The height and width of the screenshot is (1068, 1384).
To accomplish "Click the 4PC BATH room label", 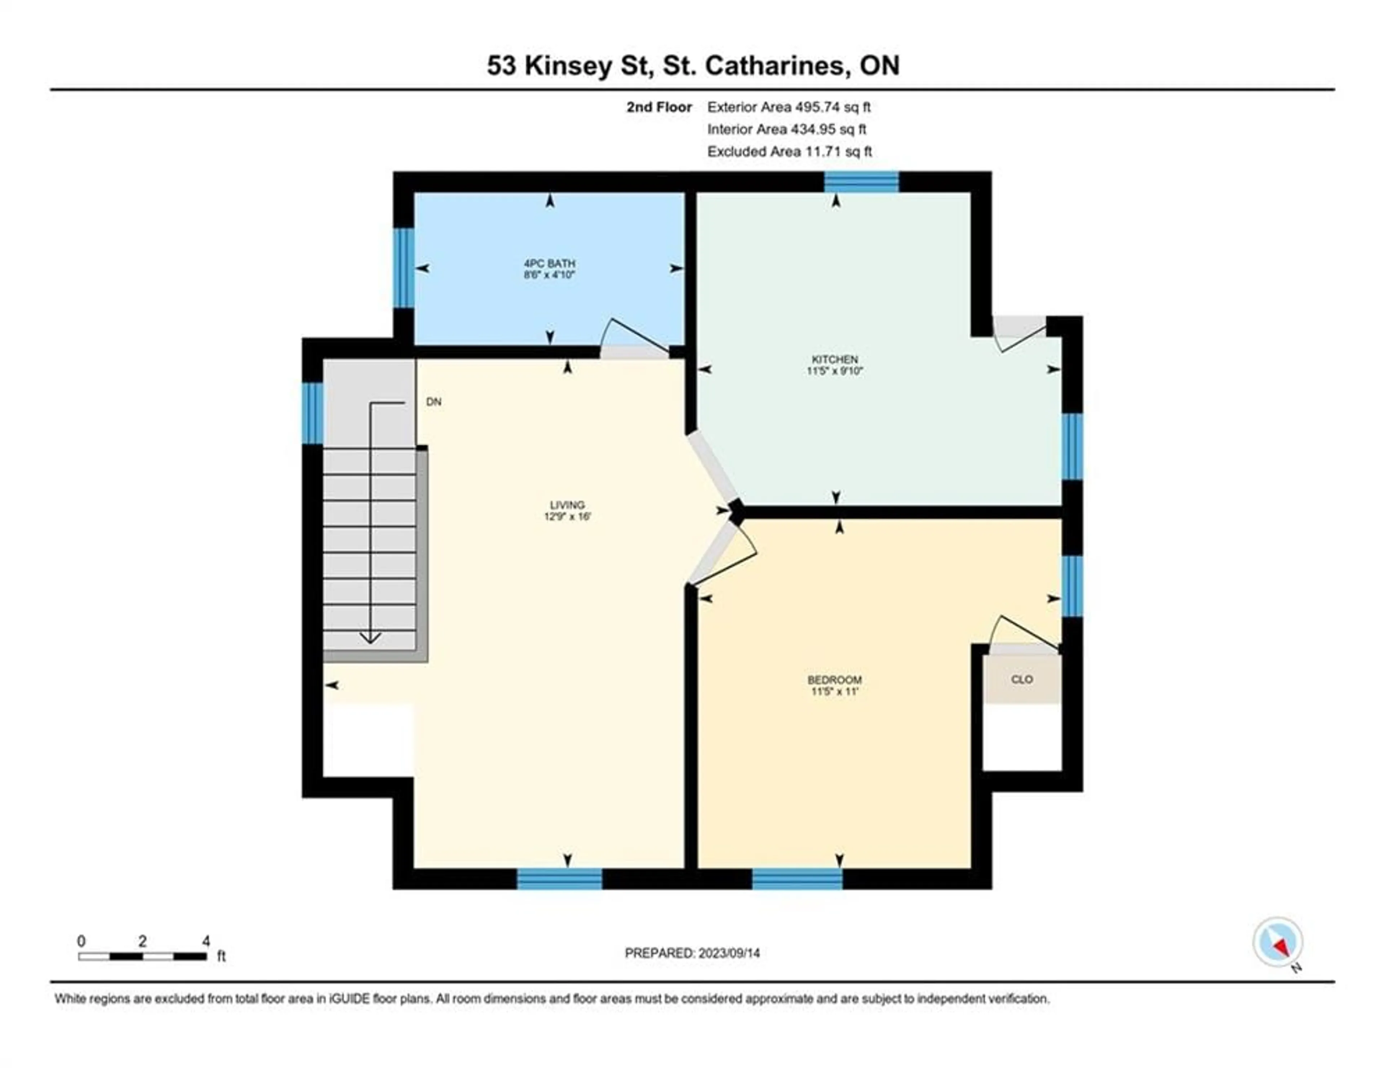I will [x=549, y=263].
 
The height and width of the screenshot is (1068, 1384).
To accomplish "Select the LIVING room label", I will [x=567, y=505].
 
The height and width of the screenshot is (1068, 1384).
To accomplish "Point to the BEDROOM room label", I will [x=835, y=680].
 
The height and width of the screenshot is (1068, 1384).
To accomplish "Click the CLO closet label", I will [x=1021, y=680].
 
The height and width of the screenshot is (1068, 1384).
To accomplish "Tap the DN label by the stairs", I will [x=434, y=402].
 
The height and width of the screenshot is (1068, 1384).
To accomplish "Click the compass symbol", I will [x=1278, y=942].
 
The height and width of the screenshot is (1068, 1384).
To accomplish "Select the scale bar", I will [x=143, y=956].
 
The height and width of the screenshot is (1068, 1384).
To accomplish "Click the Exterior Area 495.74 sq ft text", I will [x=789, y=107].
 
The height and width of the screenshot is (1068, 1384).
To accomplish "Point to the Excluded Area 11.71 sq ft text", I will [x=790, y=151].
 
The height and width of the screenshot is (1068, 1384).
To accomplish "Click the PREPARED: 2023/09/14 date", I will [x=692, y=953].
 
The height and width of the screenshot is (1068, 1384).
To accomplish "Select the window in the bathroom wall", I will [x=404, y=268].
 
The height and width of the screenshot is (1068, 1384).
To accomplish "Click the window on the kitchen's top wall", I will [x=861, y=182].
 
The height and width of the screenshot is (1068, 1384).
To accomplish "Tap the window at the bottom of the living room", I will [x=560, y=878].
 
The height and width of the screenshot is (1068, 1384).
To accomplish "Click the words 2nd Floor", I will [x=659, y=107].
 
